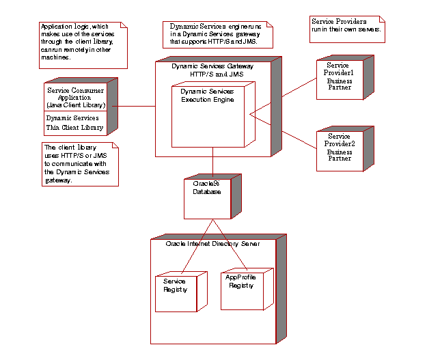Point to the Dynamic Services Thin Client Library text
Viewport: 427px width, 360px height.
point(74,123)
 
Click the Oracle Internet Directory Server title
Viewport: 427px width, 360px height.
point(212,244)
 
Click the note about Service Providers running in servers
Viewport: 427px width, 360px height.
point(346,26)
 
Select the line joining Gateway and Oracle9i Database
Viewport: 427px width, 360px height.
point(212,168)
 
